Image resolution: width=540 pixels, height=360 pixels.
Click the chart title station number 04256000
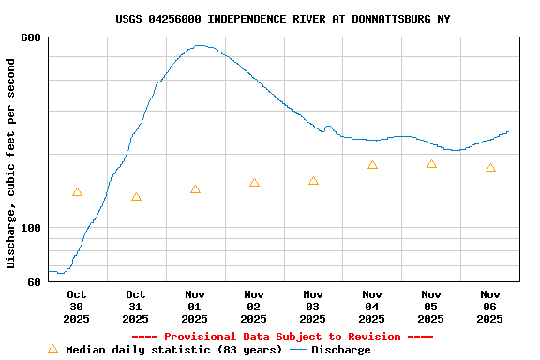[x=174, y=19]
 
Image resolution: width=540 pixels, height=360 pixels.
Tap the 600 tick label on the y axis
[x=31, y=37]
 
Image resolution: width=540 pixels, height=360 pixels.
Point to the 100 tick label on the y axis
[x=31, y=228]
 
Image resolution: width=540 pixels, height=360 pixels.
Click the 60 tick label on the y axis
[x=34, y=281]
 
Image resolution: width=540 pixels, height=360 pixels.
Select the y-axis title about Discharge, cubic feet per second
[x=11, y=163]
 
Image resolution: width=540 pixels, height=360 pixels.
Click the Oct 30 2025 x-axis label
[x=77, y=307]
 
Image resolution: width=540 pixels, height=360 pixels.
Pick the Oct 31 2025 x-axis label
[x=136, y=307]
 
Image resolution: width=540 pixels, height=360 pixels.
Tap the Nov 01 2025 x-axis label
[x=195, y=307]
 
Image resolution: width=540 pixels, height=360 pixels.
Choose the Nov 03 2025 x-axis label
[x=313, y=307]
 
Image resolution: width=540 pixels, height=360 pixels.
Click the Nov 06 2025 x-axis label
[x=490, y=307]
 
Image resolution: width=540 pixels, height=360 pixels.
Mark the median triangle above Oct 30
[x=77, y=192]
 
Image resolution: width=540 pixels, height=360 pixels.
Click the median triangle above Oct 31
[x=136, y=197]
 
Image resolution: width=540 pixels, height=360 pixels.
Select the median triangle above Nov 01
[x=195, y=189]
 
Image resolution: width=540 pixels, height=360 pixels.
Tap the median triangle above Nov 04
[x=372, y=165]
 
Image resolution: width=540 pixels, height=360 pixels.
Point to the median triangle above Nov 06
[x=490, y=168]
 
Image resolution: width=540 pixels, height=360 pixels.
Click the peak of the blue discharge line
[x=200, y=45]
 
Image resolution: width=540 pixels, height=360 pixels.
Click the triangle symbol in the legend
[x=52, y=349]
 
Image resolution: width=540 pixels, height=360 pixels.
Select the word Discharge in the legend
[x=340, y=350]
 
